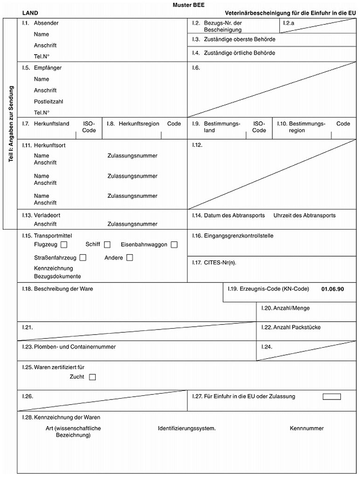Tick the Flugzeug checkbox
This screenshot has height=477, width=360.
[x=64, y=245]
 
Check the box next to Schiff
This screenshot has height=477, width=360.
[x=107, y=245]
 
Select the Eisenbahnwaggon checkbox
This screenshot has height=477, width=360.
[x=174, y=245]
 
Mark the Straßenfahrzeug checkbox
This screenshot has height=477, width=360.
[x=83, y=257]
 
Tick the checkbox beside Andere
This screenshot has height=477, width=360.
[x=130, y=257]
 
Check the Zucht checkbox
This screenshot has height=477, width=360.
[x=92, y=377]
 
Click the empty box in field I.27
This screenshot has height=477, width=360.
[x=332, y=397]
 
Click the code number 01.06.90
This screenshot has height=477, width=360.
[x=333, y=289]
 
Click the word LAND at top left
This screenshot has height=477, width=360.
[x=30, y=13]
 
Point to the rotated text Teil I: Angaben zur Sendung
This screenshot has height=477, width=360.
[x=11, y=124]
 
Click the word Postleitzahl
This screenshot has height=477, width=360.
[x=48, y=101]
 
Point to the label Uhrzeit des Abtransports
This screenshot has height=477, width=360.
[x=304, y=216]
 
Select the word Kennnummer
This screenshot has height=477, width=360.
[x=306, y=428]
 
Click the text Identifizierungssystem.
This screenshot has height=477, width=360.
[x=187, y=428]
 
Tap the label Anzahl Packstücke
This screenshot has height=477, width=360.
[x=297, y=327]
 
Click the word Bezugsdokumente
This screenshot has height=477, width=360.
[x=54, y=276]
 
